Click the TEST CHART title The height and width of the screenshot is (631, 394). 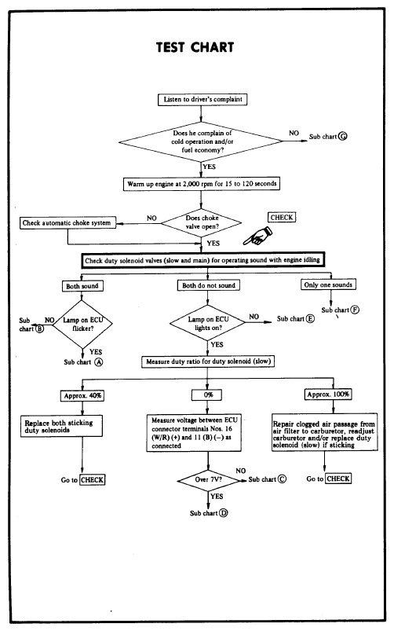click(x=195, y=47)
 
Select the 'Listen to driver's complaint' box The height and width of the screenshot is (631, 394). click(x=202, y=99)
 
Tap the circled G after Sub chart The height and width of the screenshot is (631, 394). click(x=342, y=137)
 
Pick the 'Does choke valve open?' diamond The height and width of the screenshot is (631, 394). click(x=202, y=223)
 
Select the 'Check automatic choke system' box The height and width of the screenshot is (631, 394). click(x=67, y=223)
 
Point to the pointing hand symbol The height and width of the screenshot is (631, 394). click(x=257, y=236)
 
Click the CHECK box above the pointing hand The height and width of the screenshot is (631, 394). click(x=282, y=218)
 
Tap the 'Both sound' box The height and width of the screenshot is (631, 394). click(x=82, y=286)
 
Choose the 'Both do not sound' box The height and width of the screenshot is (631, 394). click(x=208, y=285)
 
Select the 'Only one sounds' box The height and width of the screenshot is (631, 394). click(x=328, y=284)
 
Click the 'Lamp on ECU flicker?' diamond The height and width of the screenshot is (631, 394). click(x=82, y=324)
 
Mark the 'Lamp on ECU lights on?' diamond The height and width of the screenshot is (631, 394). click(x=208, y=323)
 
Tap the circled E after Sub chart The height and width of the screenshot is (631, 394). click(x=310, y=319)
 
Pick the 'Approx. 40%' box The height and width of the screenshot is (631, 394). click(x=82, y=395)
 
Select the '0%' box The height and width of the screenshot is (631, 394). click(x=207, y=394)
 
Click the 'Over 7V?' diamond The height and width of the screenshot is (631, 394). click(x=208, y=480)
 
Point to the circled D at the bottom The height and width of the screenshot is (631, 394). click(x=224, y=513)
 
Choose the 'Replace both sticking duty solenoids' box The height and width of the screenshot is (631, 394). click(x=61, y=426)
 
